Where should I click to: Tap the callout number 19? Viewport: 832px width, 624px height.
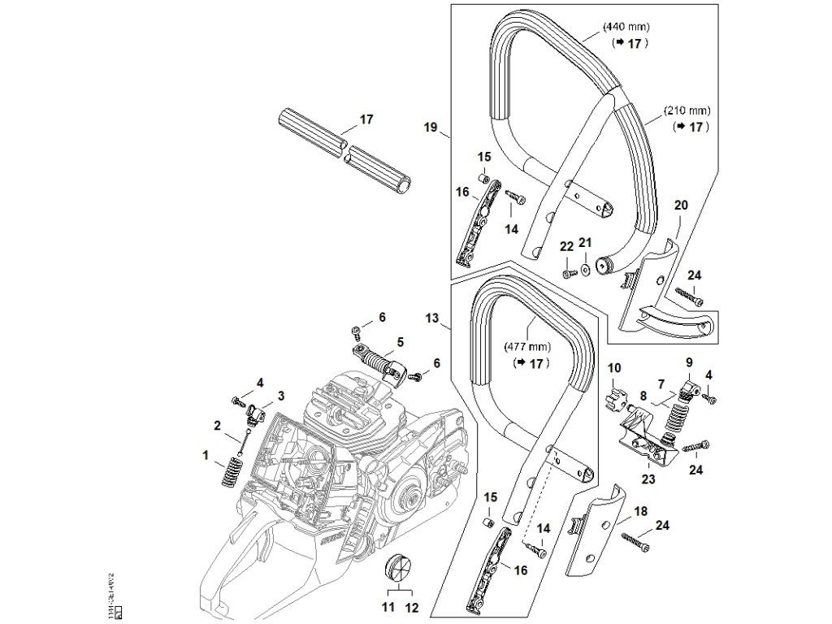tap(431, 128)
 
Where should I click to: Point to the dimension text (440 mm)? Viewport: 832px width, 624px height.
tap(626, 27)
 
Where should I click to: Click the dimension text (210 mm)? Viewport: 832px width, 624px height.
tap(687, 110)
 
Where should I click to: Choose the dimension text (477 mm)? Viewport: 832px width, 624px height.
tap(529, 345)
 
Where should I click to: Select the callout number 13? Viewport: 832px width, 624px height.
tap(431, 317)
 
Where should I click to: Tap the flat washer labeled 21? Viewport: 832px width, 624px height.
tap(583, 268)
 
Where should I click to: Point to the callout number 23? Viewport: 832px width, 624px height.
tap(648, 479)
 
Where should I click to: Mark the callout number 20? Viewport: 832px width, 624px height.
tap(681, 205)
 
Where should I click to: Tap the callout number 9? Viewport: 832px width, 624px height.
tap(689, 362)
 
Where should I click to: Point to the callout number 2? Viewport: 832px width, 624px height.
tap(218, 425)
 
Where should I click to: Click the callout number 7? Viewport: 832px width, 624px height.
tap(661, 383)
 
